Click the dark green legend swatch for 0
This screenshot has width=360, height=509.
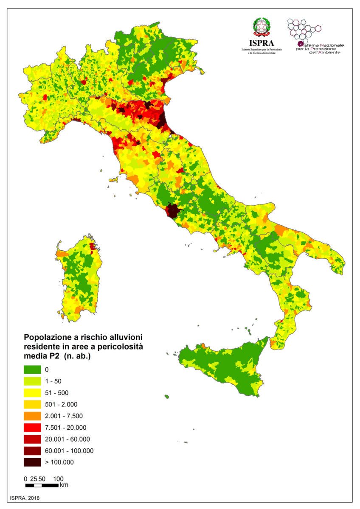point(32,369)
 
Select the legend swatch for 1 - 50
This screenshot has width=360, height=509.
point(32,381)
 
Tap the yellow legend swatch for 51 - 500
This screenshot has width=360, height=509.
point(32,392)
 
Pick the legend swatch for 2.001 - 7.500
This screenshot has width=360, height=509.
point(32,416)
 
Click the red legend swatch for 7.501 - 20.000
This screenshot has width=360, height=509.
point(32,427)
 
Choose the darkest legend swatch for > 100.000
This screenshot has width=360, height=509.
point(32,462)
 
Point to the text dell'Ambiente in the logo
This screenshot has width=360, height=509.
point(325,52)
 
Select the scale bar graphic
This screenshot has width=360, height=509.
point(42,485)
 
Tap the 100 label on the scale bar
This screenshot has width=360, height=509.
point(58,478)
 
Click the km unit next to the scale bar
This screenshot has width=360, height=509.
point(64,485)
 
